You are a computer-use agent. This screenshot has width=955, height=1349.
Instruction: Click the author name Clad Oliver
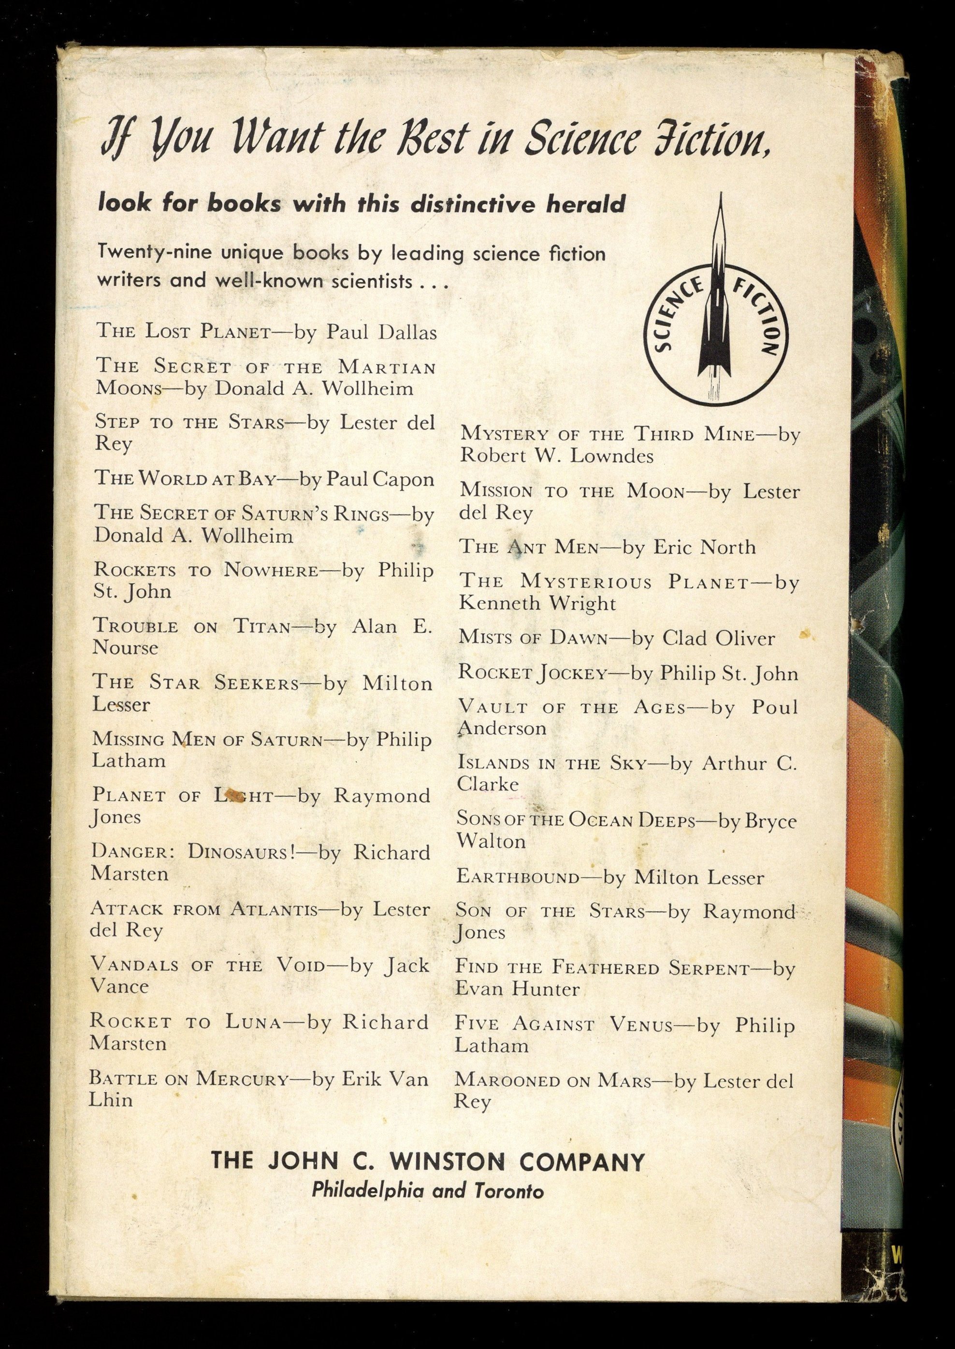coord(719,638)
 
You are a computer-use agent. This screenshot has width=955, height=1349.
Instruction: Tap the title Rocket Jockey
coord(532,673)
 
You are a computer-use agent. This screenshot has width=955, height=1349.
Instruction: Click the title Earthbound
coord(518,877)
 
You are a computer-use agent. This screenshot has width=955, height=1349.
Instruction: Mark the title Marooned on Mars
coord(553,1080)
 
